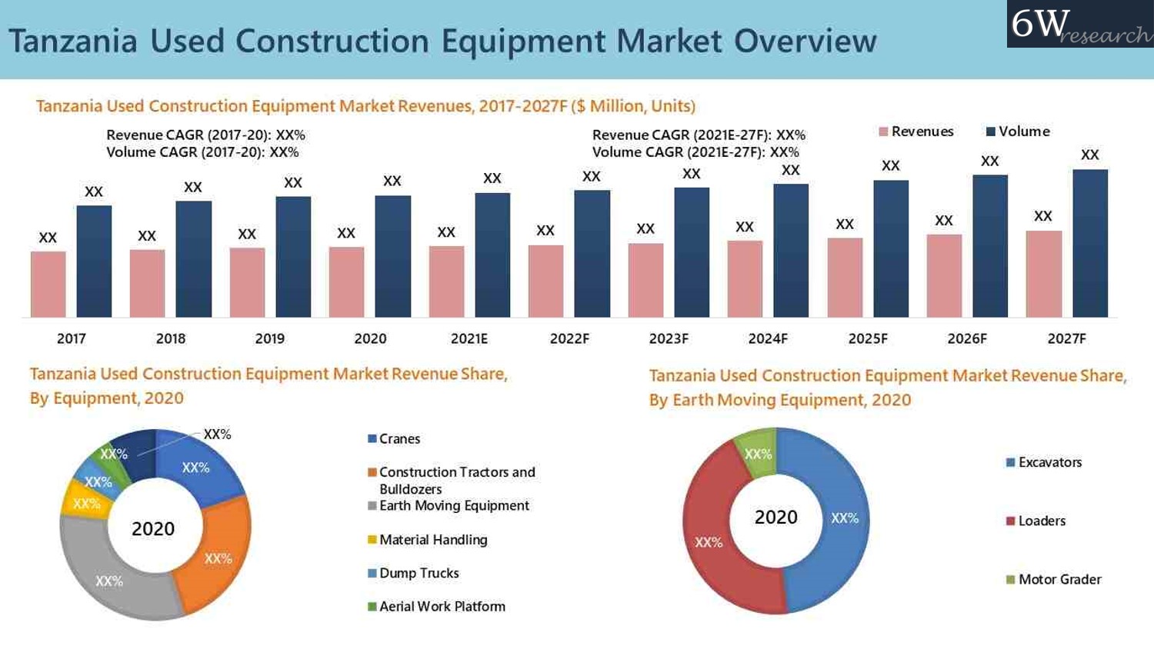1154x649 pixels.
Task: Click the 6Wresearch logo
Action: click(x=1079, y=25)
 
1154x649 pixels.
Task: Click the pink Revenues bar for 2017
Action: click(x=48, y=284)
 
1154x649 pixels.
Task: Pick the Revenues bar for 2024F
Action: click(x=745, y=278)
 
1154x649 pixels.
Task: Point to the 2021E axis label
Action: click(x=469, y=339)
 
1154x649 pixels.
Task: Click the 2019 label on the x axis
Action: click(x=269, y=339)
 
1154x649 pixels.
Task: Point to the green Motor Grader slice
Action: click(x=757, y=452)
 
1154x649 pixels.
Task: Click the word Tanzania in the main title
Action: click(x=73, y=41)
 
